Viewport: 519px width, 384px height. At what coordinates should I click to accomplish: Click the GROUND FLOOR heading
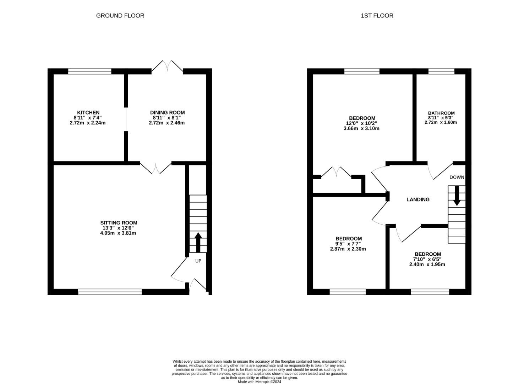(120, 16)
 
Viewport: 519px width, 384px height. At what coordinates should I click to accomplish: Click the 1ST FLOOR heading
(377, 16)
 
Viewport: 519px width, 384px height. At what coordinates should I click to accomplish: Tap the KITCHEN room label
(88, 113)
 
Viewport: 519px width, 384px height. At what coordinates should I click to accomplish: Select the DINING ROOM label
(167, 113)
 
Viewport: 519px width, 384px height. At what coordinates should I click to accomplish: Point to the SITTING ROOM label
(119, 223)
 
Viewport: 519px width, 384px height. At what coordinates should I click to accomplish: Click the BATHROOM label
(441, 113)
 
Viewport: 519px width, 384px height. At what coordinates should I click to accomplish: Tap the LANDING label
(417, 200)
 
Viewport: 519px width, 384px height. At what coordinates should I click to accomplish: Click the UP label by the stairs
(198, 261)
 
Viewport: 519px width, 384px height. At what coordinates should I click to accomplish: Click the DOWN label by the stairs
(457, 177)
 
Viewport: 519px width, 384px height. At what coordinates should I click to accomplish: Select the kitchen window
(89, 71)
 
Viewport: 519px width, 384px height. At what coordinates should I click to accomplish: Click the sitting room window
(110, 292)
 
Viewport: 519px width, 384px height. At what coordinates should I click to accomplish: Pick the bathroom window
(441, 71)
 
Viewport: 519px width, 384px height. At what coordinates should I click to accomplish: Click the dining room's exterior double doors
(167, 68)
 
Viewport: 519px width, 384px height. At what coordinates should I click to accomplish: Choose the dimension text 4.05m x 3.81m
(118, 233)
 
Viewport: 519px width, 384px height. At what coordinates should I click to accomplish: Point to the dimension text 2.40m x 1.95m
(427, 265)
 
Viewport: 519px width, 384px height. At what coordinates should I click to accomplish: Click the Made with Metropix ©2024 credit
(259, 382)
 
